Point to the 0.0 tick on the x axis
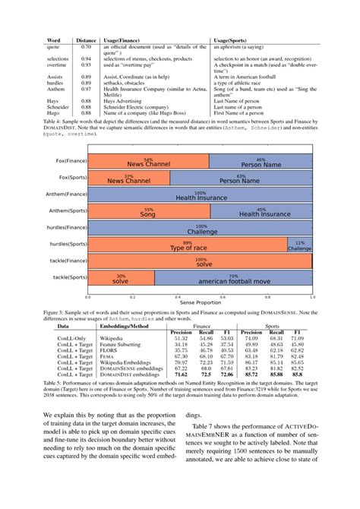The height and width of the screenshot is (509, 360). coord(89,297)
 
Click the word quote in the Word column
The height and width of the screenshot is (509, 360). coord(54,47)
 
